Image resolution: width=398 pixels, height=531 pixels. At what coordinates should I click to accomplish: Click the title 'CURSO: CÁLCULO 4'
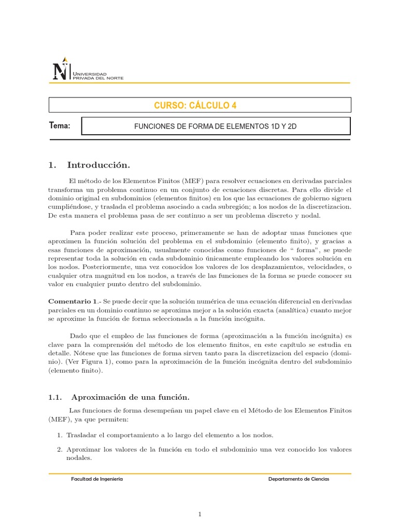click(195, 105)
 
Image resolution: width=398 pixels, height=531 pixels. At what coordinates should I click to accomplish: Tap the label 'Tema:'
click(59, 125)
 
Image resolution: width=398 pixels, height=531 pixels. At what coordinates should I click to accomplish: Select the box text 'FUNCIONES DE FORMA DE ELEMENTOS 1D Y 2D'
click(216, 126)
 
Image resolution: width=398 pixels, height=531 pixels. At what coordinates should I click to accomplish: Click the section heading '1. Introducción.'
click(89, 165)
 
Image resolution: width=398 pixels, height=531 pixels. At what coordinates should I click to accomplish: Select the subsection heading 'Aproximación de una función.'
click(130, 397)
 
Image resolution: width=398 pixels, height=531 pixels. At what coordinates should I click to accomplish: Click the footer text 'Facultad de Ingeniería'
click(97, 479)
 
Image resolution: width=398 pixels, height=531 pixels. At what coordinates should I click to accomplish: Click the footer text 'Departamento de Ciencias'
click(298, 479)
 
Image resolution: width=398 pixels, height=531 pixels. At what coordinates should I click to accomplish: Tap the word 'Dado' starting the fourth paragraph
click(78, 336)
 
